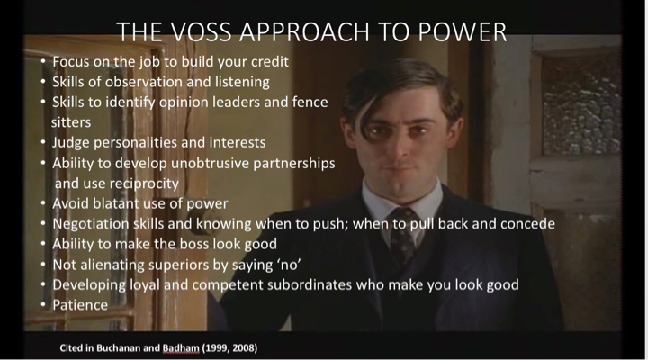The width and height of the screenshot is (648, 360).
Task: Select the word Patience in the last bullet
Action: (x=80, y=305)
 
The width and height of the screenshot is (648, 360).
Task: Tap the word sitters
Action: (x=71, y=122)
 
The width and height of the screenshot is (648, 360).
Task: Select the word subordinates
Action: (x=310, y=284)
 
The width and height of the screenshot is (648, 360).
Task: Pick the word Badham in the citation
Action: (x=181, y=348)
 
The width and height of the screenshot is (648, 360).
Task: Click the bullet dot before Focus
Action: (x=43, y=62)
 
